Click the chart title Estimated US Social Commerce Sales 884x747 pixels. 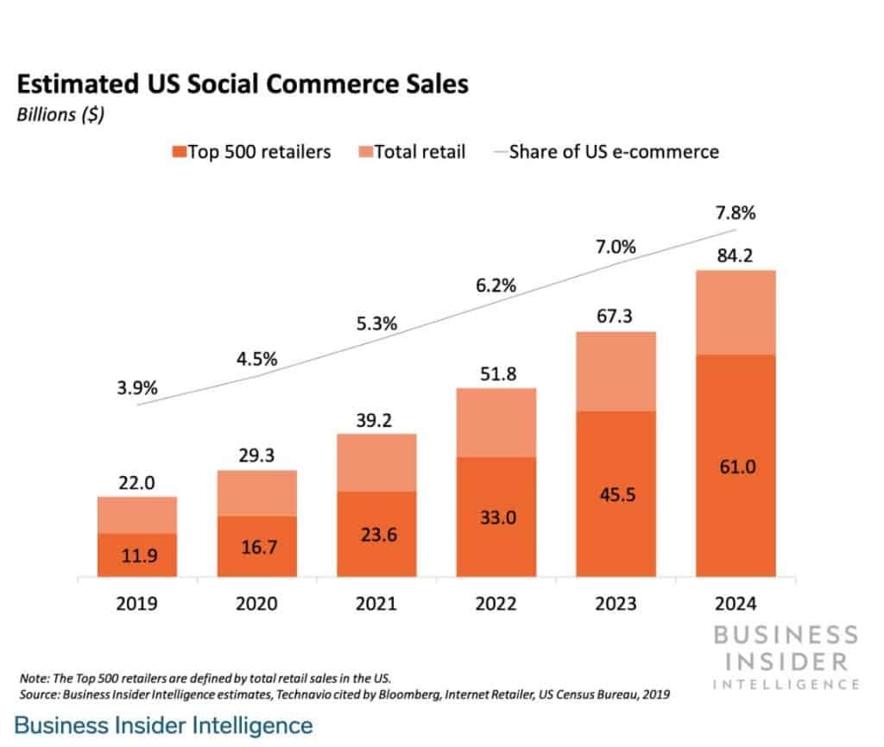point(243,85)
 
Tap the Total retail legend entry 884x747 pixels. point(412,152)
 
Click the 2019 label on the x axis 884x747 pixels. point(136,602)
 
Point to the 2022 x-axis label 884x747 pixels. point(496,602)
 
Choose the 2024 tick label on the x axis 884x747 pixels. point(736,602)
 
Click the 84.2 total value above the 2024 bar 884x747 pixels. point(736,254)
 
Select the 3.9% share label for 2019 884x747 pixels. point(136,388)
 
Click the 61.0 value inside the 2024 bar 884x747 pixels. point(736,467)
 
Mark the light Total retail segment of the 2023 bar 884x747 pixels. point(616,371)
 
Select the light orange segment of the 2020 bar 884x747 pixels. point(256,493)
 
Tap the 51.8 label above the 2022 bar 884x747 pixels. point(496,373)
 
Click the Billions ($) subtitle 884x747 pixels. point(60,116)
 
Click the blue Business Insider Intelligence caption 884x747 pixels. point(164,725)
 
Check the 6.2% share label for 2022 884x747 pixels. point(496,285)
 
